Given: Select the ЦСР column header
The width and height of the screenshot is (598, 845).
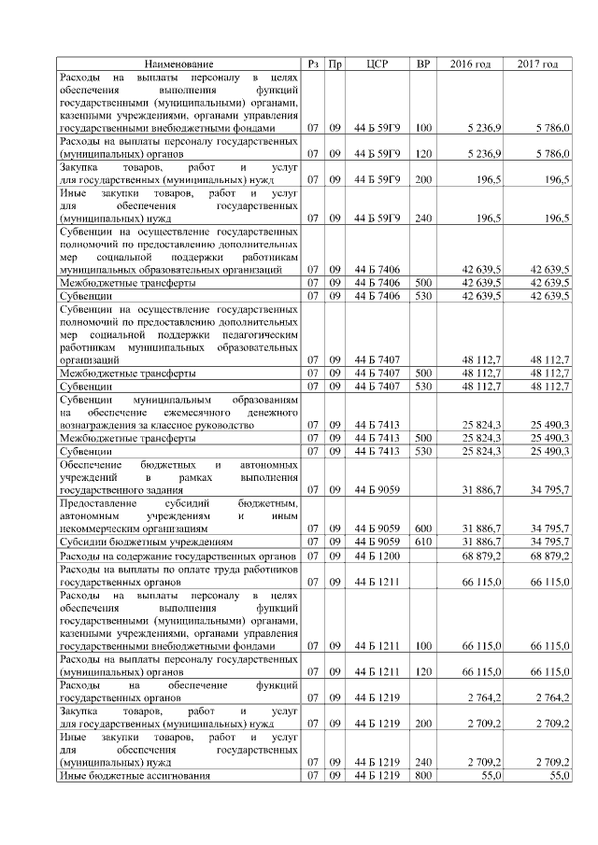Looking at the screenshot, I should (x=378, y=63).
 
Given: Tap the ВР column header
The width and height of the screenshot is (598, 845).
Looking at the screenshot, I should (x=423, y=63).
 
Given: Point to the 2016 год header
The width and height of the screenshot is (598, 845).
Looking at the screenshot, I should (x=471, y=63).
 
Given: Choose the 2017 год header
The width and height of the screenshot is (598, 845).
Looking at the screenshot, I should (x=538, y=63).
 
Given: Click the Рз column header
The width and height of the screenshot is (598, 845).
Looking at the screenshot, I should (x=314, y=63).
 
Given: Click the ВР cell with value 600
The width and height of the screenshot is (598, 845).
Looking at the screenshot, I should (x=423, y=528).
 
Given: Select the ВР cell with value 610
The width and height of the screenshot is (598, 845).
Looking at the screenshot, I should (x=423, y=541).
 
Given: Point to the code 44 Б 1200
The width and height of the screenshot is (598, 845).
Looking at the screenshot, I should (x=378, y=556).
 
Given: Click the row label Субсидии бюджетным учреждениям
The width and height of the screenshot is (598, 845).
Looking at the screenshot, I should (x=146, y=541).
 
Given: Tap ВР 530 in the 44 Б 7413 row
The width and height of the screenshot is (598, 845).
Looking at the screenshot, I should (x=423, y=451).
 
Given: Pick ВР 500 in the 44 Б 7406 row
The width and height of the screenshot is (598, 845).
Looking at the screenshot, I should (x=423, y=282).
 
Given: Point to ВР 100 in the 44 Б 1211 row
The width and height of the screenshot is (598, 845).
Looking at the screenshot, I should (x=423, y=646).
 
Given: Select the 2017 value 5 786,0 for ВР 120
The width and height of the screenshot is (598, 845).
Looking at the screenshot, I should (x=551, y=153).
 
